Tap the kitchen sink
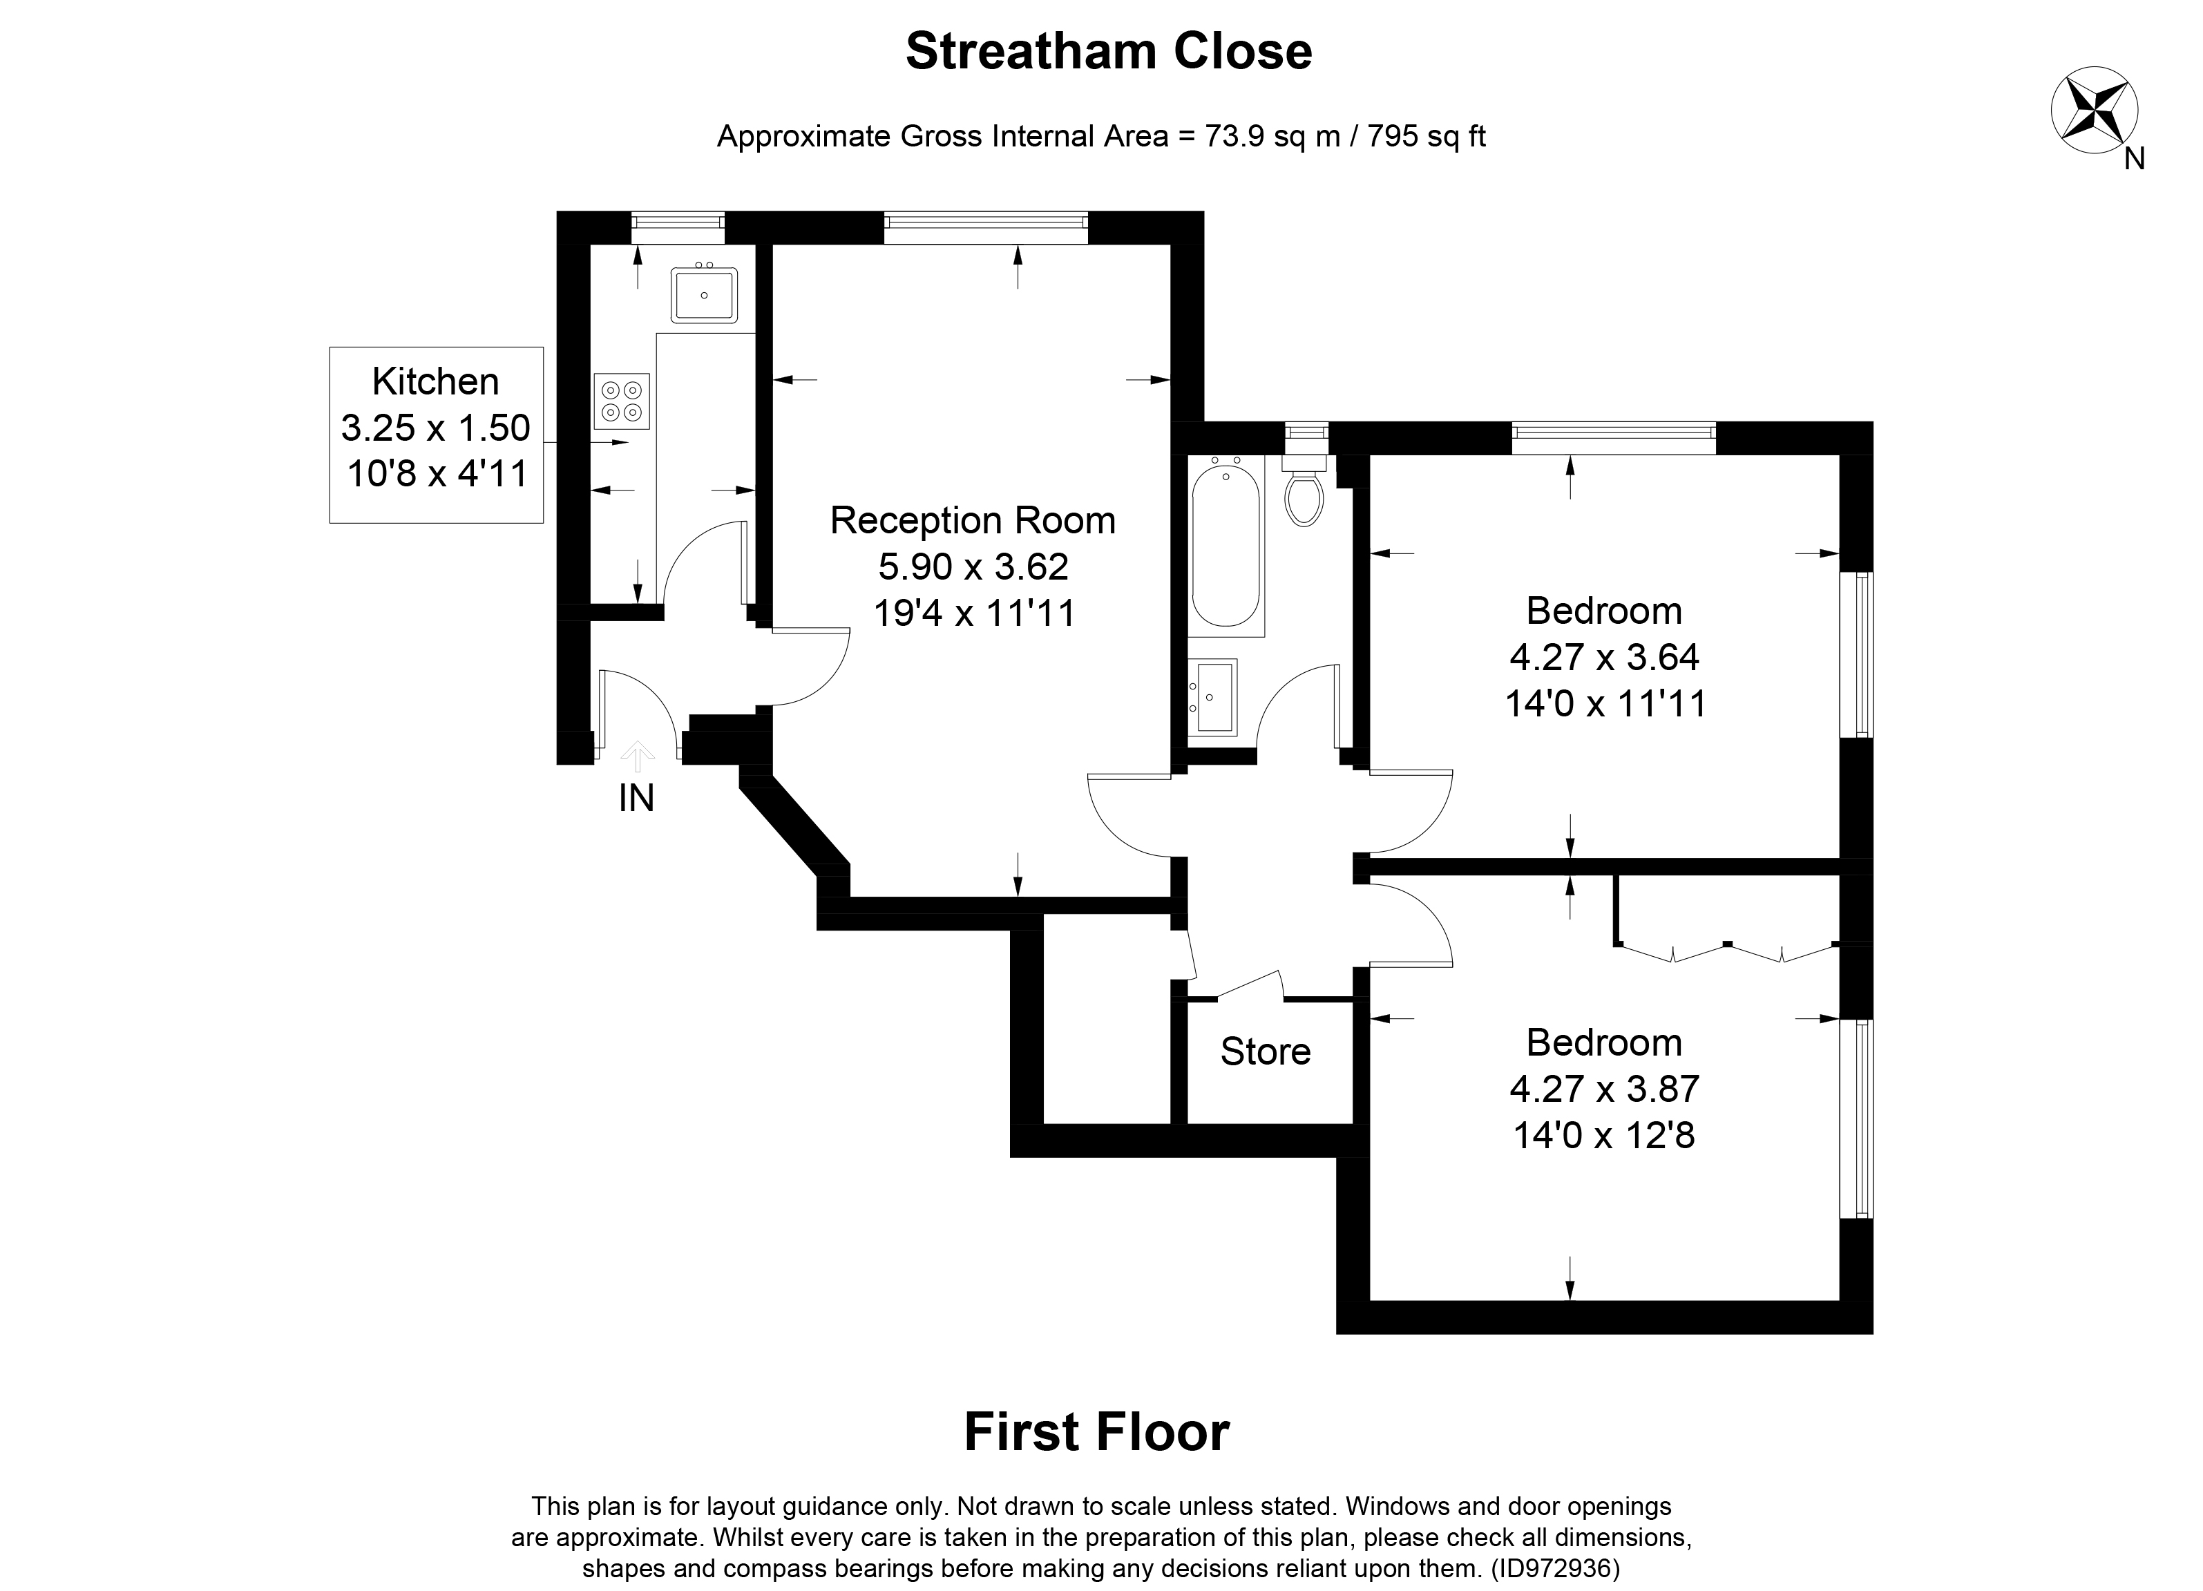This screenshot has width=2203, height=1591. pyautogui.click(x=704, y=295)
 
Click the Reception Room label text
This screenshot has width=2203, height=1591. pyautogui.click(x=972, y=521)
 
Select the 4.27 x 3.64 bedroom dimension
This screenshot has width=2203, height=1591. pyautogui.click(x=1603, y=658)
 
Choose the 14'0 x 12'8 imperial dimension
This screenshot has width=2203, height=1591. pyautogui.click(x=1603, y=1134)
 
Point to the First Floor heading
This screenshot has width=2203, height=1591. pyautogui.click(x=1096, y=1431)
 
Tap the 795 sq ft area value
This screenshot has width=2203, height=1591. pyautogui.click(x=1427, y=136)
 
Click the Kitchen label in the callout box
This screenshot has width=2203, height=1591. pyautogui.click(x=435, y=382)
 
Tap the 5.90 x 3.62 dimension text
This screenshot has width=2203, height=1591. pyautogui.click(x=973, y=566)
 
